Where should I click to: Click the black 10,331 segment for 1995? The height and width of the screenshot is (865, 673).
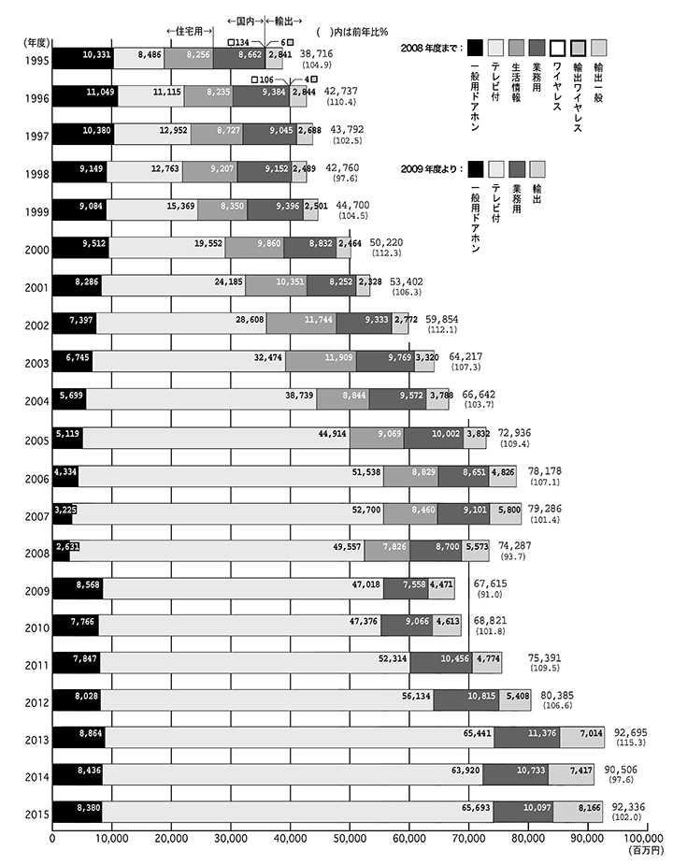tap(82, 58)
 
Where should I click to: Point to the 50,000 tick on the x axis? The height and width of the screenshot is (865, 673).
tap(350, 839)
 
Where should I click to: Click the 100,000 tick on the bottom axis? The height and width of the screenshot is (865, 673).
tap(642, 839)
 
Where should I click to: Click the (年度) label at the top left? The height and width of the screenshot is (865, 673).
tap(36, 41)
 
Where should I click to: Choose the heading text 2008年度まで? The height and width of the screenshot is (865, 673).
tap(427, 48)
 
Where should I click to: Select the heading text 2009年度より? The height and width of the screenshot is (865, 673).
tap(427, 168)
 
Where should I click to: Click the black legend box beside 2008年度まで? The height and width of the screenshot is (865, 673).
tap(476, 48)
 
